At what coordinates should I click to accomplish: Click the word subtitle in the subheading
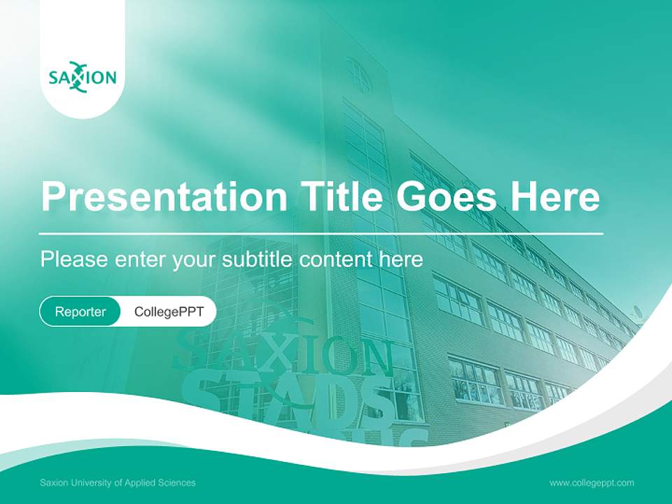(258, 259)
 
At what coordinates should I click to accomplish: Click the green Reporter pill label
(80, 311)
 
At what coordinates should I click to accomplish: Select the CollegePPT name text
(169, 311)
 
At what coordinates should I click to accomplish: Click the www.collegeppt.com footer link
(591, 482)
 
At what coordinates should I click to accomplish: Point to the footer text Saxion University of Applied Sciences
(118, 482)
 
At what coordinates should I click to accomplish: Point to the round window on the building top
(358, 75)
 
